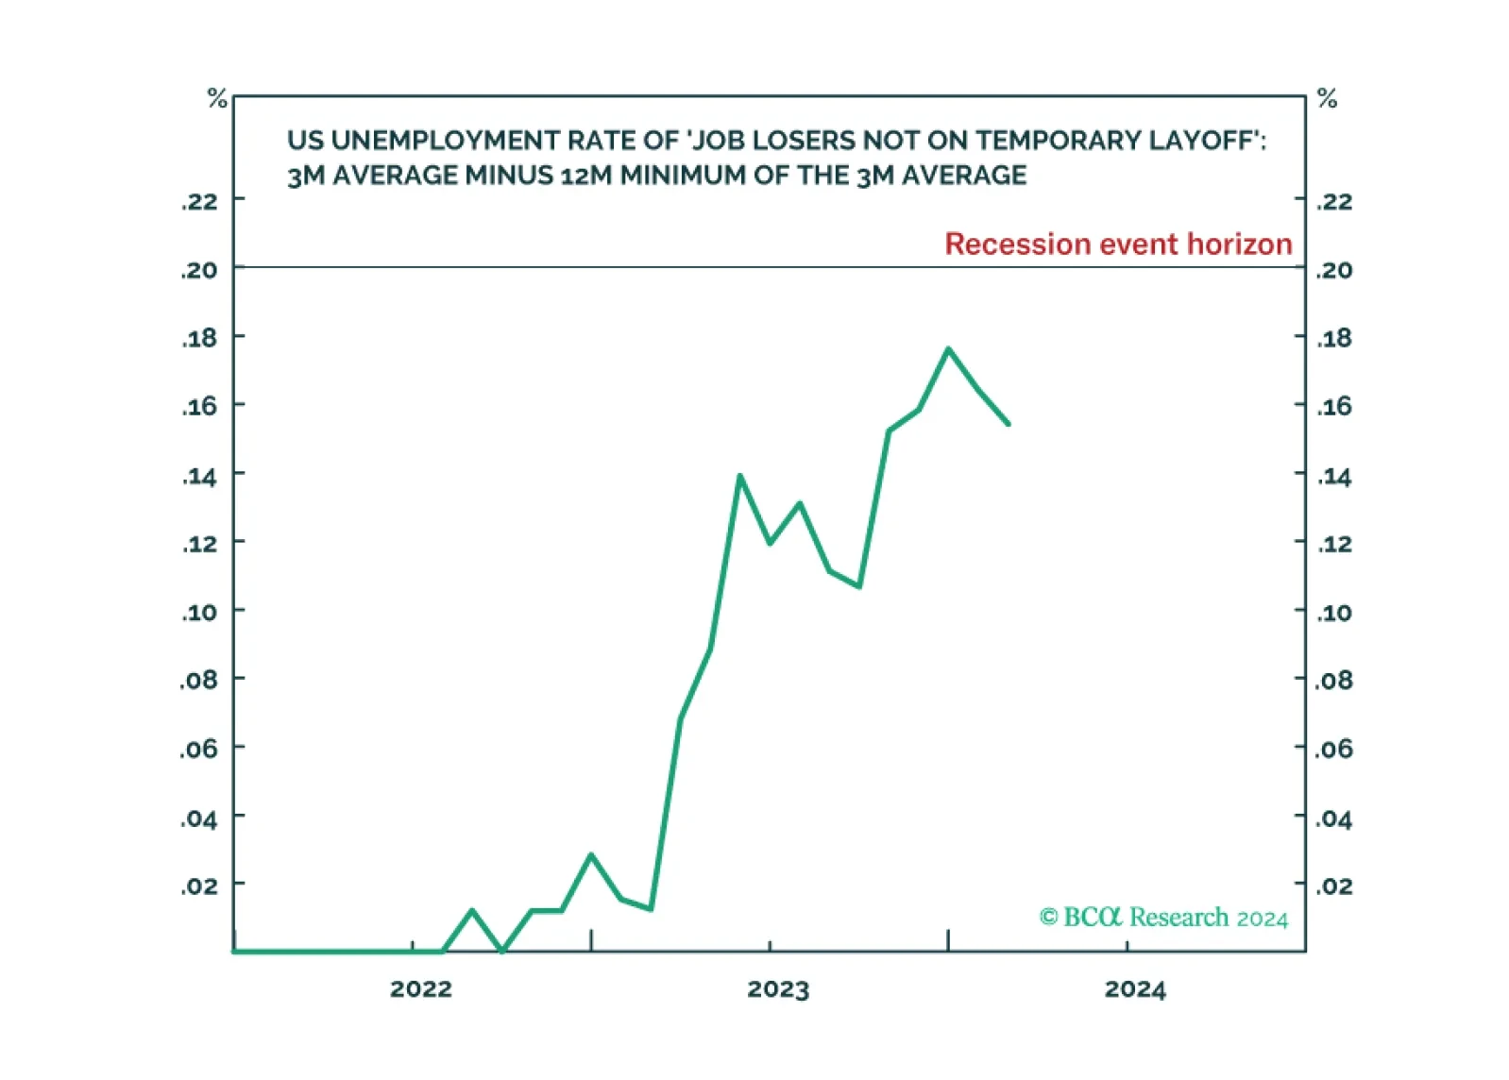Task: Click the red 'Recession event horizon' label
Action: tap(1118, 244)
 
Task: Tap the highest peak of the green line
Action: tap(948, 348)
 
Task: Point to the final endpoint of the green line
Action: tap(1008, 424)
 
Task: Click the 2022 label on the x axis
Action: tap(421, 989)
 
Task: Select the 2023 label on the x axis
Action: tap(778, 989)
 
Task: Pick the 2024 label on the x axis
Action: tap(1135, 989)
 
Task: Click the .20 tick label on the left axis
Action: tap(200, 271)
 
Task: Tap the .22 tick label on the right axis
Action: tap(1334, 202)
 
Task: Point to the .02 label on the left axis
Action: tap(200, 886)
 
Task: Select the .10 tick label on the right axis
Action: tap(1334, 613)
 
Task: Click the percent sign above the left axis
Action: tap(217, 98)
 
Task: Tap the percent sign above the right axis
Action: tap(1327, 98)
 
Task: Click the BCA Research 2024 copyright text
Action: tap(1163, 917)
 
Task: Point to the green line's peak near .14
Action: tap(739, 476)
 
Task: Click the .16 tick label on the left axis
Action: tap(200, 407)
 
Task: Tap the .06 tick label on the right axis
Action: tap(1334, 749)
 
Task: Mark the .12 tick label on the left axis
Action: tap(200, 544)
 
